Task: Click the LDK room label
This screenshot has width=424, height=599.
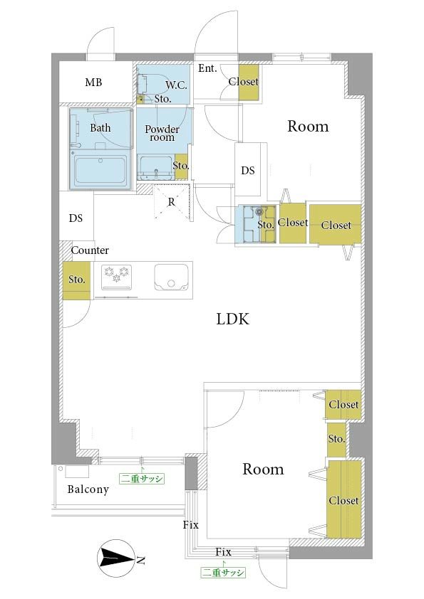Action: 232,319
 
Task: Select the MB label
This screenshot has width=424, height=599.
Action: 93,82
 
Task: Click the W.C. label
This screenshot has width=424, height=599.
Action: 177,85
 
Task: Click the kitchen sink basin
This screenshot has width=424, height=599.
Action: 171,277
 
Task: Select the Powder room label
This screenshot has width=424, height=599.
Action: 162,133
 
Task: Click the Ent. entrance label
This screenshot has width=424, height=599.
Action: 207,68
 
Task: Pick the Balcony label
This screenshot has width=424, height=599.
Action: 88,489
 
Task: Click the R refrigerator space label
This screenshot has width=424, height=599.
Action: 172,202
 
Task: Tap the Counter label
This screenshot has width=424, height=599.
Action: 90,250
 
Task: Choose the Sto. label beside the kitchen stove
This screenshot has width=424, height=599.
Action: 76,280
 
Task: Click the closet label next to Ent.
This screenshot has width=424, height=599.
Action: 244,81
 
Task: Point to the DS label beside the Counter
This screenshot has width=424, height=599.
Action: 76,218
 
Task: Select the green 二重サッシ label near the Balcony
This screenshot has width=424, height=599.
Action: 142,479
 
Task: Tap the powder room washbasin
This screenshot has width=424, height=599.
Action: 156,168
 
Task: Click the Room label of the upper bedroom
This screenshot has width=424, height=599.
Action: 308,126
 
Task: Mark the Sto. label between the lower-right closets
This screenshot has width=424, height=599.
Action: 336,439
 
